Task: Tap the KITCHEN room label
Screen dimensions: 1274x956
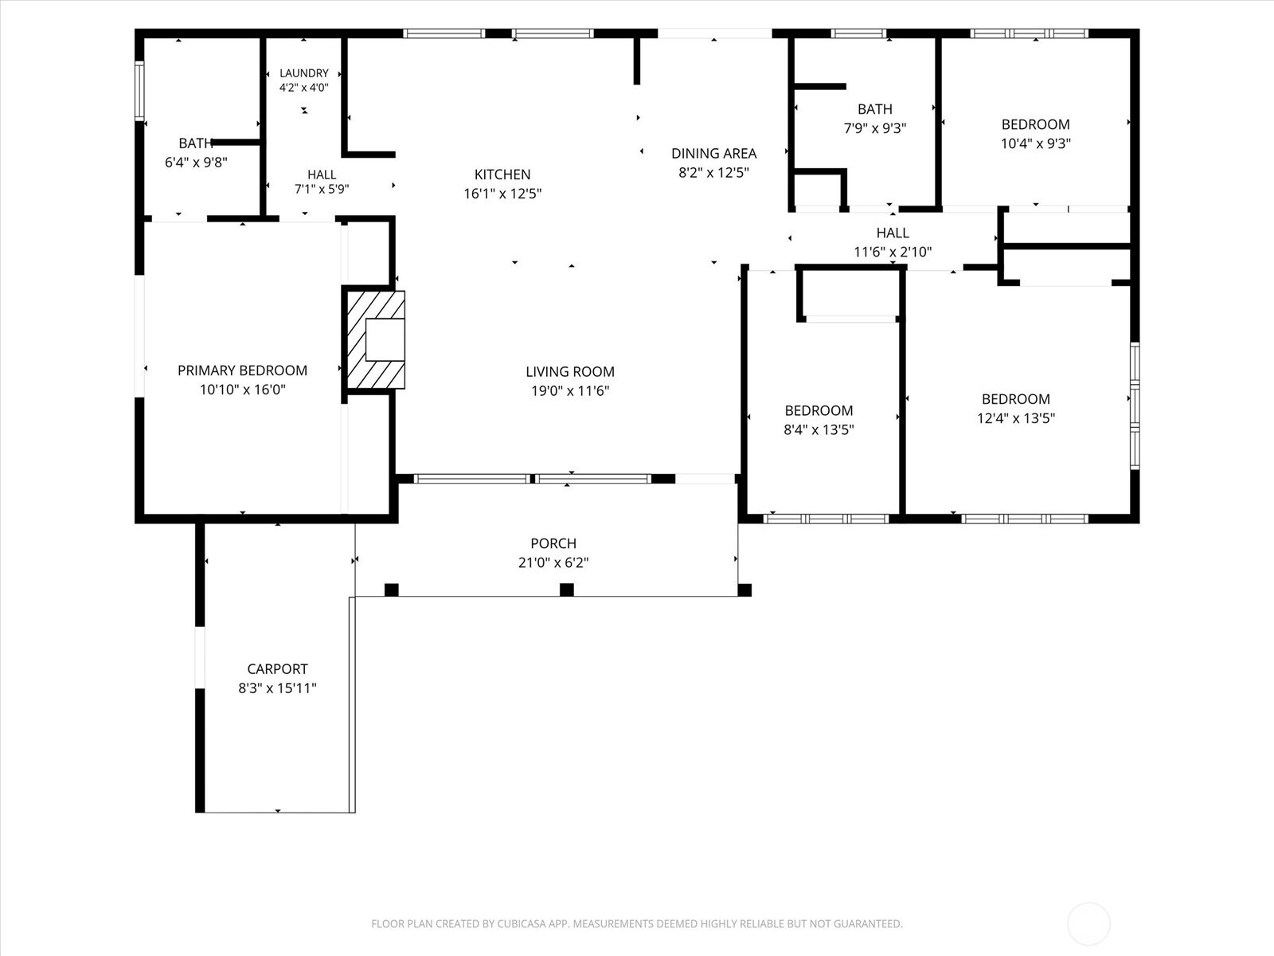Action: [x=502, y=174]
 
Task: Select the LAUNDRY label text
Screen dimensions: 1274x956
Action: [x=304, y=73]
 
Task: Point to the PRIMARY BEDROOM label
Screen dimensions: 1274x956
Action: [x=243, y=370]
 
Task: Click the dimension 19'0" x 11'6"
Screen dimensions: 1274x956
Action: [x=570, y=390]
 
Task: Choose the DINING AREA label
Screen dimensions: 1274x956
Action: [x=714, y=153]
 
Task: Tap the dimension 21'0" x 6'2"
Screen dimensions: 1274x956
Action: [x=553, y=562]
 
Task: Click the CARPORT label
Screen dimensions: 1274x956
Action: [x=277, y=668]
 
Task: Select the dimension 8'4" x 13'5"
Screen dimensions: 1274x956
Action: [x=819, y=429]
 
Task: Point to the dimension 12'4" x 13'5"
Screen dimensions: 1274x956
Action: [x=1016, y=418]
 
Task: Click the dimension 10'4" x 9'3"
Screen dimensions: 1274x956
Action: [x=1035, y=143]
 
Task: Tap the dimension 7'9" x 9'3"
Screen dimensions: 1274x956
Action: [x=874, y=127]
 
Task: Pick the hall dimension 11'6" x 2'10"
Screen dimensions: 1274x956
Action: [x=893, y=251]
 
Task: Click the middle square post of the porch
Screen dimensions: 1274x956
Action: [x=566, y=590]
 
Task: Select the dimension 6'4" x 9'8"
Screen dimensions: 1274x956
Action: [x=196, y=162]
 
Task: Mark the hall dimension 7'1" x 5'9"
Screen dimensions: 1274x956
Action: [x=322, y=189]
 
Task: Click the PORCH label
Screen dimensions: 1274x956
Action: [x=553, y=543]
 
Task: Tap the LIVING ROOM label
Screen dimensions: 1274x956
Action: [x=570, y=371]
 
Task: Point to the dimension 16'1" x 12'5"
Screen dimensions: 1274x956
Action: [x=502, y=194]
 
